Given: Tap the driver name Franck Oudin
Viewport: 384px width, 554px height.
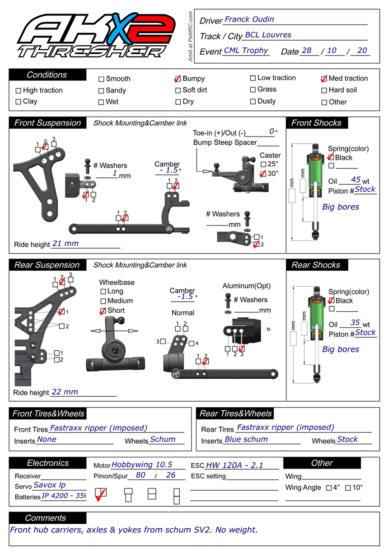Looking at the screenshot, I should (x=249, y=19).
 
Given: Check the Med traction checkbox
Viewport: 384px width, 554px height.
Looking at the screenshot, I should (x=324, y=79).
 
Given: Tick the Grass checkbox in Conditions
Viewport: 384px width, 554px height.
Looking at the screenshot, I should (x=253, y=89).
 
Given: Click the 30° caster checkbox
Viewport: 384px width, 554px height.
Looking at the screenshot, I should (x=263, y=174).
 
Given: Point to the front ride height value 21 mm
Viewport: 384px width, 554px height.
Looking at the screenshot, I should (x=66, y=244).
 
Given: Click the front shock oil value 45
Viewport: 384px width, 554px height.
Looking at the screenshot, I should (x=356, y=180).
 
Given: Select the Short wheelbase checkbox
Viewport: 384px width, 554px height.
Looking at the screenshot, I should (x=103, y=311).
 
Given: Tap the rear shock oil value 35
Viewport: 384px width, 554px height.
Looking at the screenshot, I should (x=356, y=323).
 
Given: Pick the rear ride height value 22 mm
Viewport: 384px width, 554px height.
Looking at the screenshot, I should (x=65, y=392).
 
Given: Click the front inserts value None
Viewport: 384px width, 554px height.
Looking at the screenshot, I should (x=47, y=439).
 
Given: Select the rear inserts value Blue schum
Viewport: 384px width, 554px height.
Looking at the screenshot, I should (x=246, y=439).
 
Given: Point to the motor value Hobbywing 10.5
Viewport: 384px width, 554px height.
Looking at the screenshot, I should (x=142, y=465).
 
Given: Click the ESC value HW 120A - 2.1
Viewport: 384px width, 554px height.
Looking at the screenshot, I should (x=234, y=465).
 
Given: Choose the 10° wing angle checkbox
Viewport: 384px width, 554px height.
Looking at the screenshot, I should (x=348, y=488).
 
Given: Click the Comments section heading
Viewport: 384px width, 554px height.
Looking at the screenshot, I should (x=46, y=518).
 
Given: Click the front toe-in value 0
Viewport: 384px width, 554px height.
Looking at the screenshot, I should (x=272, y=131).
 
